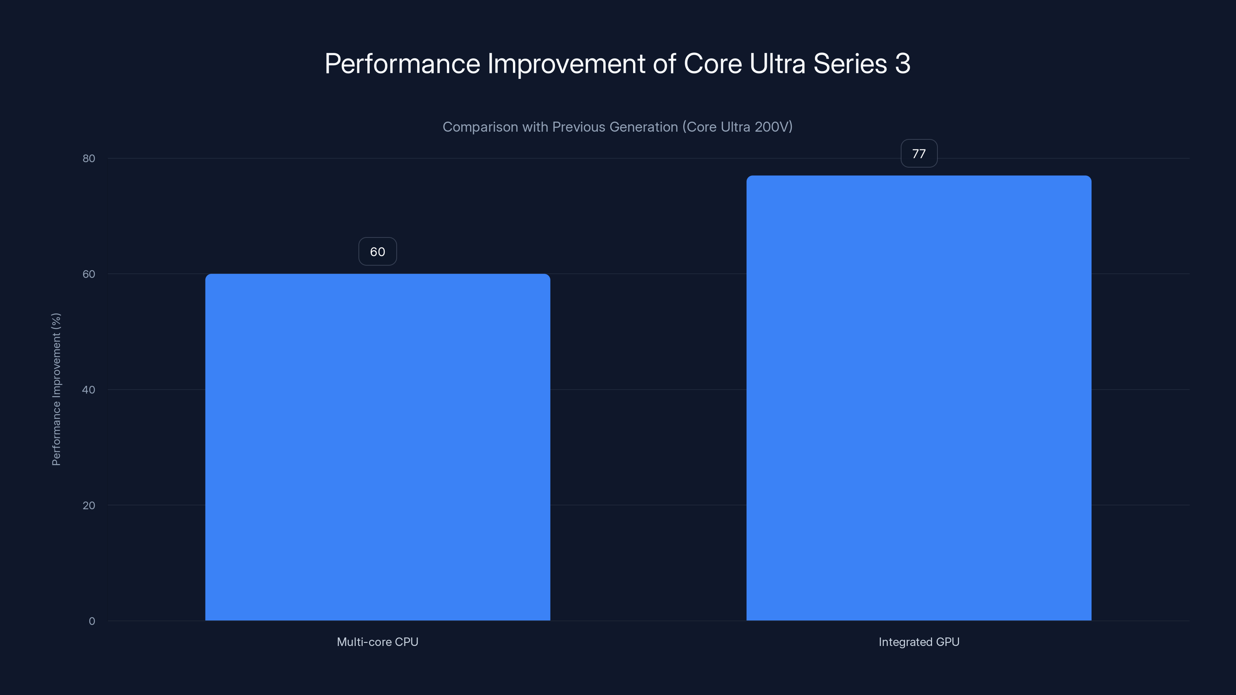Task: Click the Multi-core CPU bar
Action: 378,447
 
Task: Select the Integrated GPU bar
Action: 919,398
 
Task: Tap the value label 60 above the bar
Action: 378,252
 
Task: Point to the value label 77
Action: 919,154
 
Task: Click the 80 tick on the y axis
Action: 89,159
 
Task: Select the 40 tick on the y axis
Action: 89,390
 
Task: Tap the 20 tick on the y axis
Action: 89,505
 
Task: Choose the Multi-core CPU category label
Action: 378,642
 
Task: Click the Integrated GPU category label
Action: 919,642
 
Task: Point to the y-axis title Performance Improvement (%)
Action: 56,389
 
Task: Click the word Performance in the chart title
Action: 402,64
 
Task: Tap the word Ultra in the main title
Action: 777,64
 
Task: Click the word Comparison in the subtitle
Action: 480,127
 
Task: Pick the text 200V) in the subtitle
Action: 773,127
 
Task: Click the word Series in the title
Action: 850,64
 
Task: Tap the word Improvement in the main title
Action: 566,64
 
